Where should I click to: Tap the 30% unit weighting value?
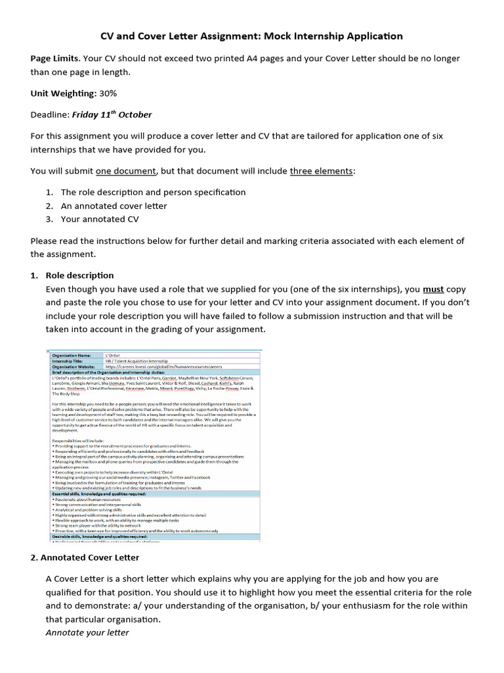[x=108, y=93]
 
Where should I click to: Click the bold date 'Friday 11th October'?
[x=112, y=114]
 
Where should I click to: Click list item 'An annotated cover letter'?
[x=114, y=206]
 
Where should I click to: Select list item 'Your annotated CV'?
[x=100, y=219]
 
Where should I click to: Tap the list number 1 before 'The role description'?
[x=49, y=193]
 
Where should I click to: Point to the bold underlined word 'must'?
[x=433, y=289]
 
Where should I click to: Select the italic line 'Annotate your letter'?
[x=87, y=632]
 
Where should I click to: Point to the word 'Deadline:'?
[x=50, y=114]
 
